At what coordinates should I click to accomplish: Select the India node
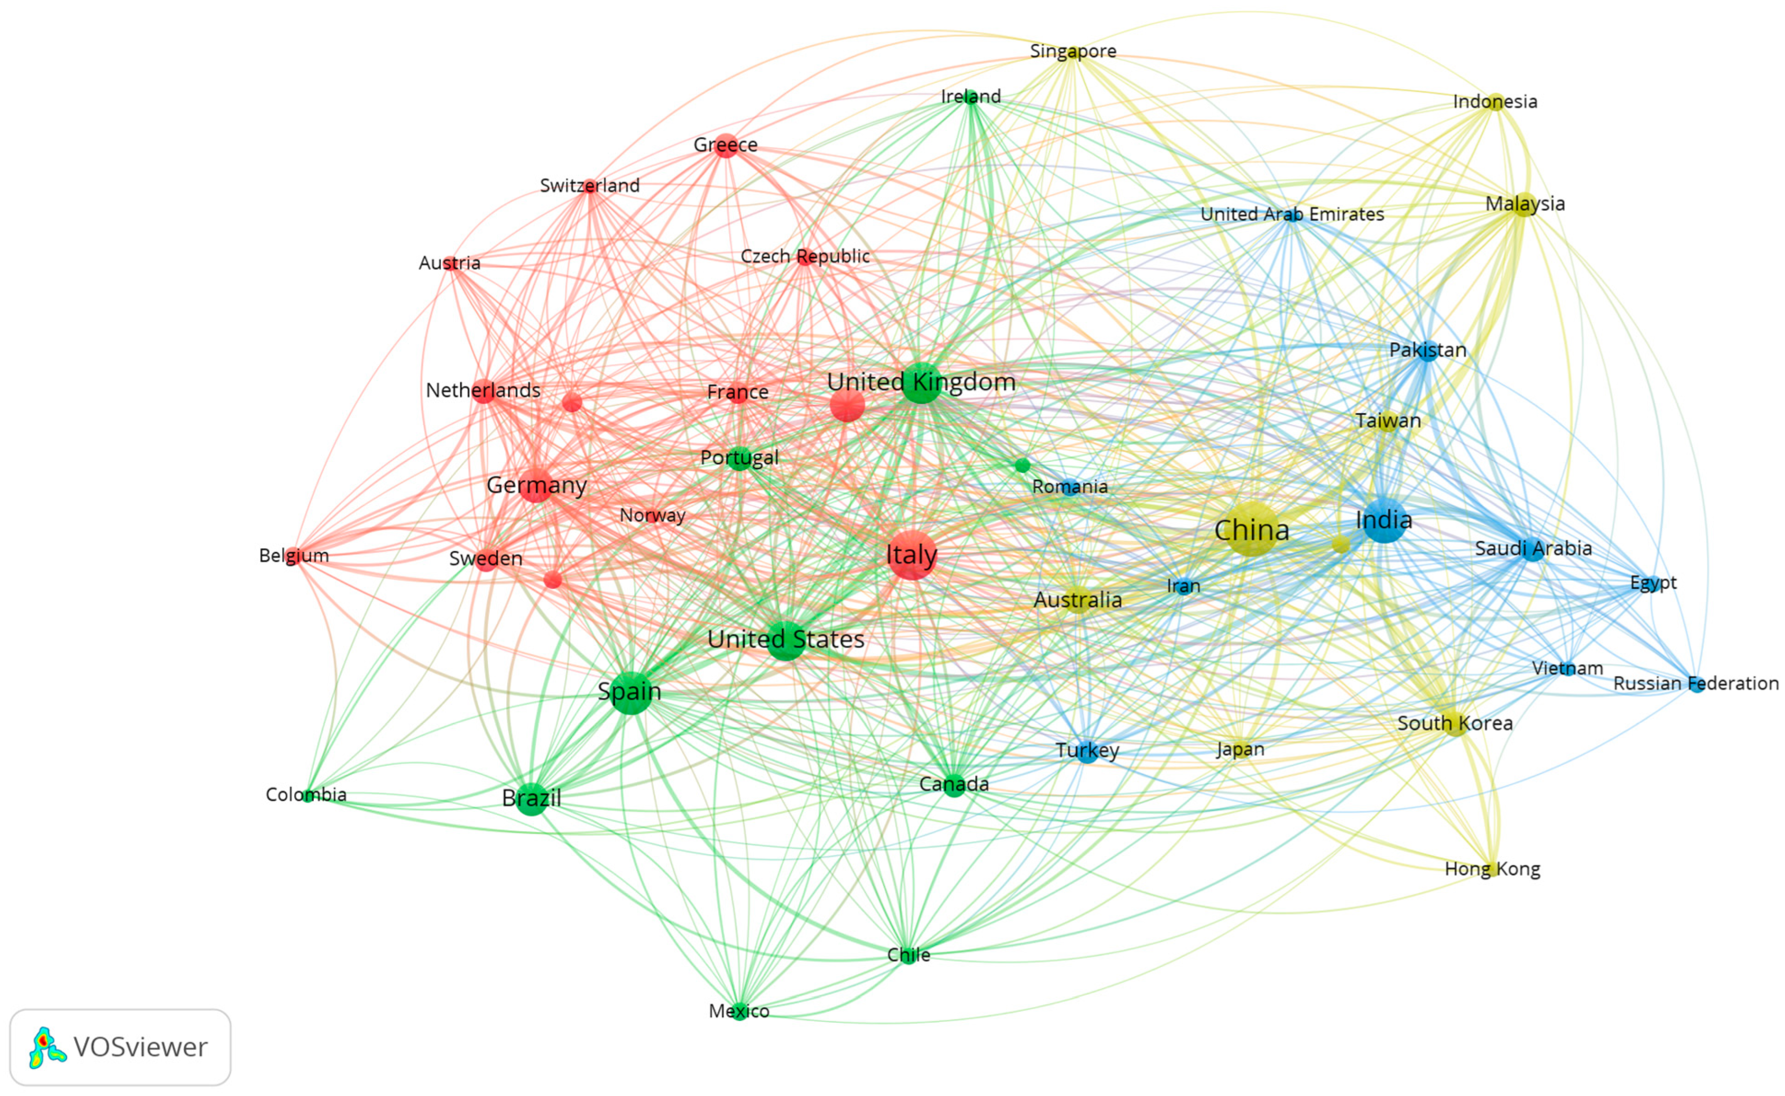(1384, 521)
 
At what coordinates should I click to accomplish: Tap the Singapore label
(1073, 51)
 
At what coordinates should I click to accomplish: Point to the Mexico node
(739, 1011)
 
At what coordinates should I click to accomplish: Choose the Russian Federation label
(1695, 683)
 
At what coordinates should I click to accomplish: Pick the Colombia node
(308, 796)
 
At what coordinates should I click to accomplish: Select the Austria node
(450, 263)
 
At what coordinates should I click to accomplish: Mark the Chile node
(908, 955)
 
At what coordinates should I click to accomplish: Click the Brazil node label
(531, 798)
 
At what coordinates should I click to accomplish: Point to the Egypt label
(1653, 582)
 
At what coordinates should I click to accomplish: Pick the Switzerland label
(590, 186)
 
